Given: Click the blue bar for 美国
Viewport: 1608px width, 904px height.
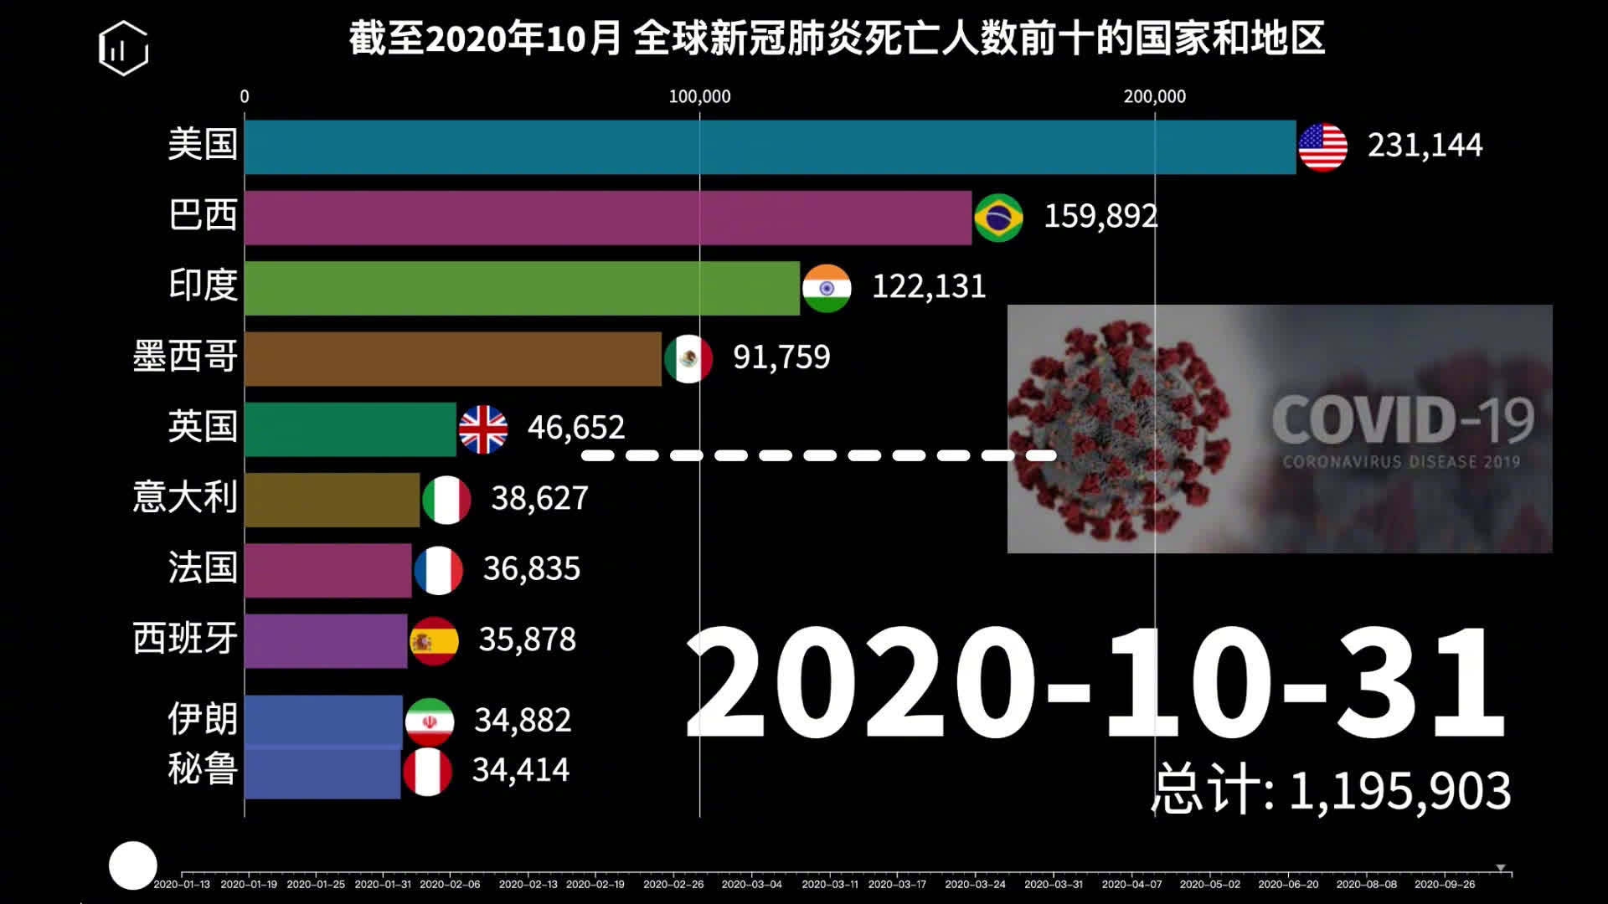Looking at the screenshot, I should pos(770,147).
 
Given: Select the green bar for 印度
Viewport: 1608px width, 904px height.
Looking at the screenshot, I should pos(522,288).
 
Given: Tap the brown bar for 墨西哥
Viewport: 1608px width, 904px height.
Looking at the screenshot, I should pos(452,359).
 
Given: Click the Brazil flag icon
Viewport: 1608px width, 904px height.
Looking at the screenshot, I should pos(998,218).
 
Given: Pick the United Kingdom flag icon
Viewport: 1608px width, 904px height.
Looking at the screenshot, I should pos(483,429).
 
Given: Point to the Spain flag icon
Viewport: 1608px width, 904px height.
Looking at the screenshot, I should pos(434,641).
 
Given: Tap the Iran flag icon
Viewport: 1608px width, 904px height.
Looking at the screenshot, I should pos(430,722).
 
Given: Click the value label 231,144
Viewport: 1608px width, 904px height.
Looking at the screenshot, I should pos(1425,146).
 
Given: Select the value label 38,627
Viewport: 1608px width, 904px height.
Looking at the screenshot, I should pos(539,499).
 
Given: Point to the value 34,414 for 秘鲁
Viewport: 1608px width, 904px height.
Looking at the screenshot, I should pos(521,770).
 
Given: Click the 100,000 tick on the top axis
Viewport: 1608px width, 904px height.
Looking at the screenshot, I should pos(699,97).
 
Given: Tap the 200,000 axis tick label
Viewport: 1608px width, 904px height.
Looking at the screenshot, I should pos(1154,97).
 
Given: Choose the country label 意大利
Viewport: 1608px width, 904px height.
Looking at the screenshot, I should pos(185,497).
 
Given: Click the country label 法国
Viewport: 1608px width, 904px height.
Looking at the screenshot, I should pos(203,568).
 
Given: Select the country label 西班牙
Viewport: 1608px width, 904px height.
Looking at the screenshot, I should pos(185,639).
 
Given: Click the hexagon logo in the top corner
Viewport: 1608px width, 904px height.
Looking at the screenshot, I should pos(123,49).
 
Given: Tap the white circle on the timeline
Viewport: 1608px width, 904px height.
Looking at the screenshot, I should pos(133,865).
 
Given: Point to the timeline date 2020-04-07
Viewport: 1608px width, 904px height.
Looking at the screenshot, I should pos(1131,884).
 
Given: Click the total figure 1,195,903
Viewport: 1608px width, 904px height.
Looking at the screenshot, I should pos(1399,791).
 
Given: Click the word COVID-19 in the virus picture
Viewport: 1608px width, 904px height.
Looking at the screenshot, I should pos(1403,420).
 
